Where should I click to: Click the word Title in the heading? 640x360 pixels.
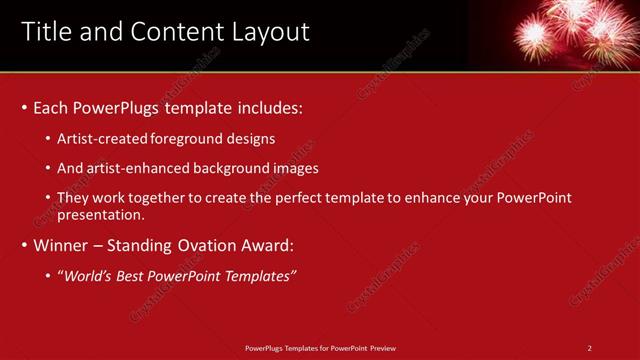point(46,32)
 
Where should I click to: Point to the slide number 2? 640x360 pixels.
point(590,348)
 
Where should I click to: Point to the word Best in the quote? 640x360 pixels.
point(135,275)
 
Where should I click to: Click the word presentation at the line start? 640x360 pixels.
point(100,214)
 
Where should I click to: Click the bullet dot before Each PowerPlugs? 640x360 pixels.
point(23,107)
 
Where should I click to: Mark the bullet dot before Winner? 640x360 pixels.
point(23,244)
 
